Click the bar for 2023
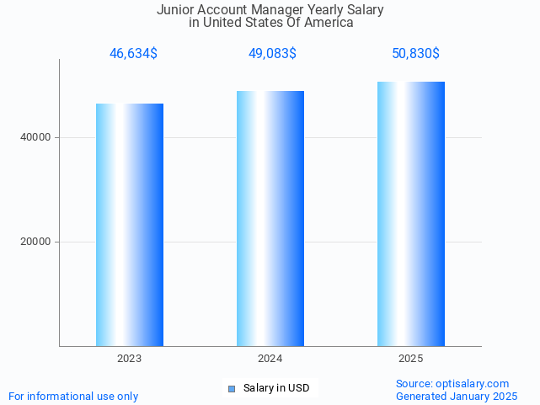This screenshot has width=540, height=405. click(x=130, y=225)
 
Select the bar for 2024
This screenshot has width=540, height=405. click(x=270, y=218)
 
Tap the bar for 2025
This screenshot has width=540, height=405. click(x=411, y=214)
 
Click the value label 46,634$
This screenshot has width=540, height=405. click(x=133, y=54)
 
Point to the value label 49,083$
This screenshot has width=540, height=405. click(x=272, y=54)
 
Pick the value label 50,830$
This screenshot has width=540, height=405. click(x=415, y=54)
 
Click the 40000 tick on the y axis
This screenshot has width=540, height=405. click(x=36, y=137)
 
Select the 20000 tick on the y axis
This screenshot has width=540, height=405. click(x=36, y=242)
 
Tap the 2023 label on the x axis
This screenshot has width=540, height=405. click(x=130, y=359)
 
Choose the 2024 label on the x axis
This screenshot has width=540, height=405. click(x=270, y=359)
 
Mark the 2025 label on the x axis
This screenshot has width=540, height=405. click(x=411, y=359)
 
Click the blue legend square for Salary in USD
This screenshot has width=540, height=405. click(x=232, y=388)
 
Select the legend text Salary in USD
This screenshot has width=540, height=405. click(x=276, y=388)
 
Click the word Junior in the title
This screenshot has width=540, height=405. click(x=175, y=10)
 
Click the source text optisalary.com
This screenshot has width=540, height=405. click(x=473, y=383)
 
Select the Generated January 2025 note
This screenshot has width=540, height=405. click(x=457, y=396)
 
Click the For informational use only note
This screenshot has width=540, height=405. click(x=73, y=396)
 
